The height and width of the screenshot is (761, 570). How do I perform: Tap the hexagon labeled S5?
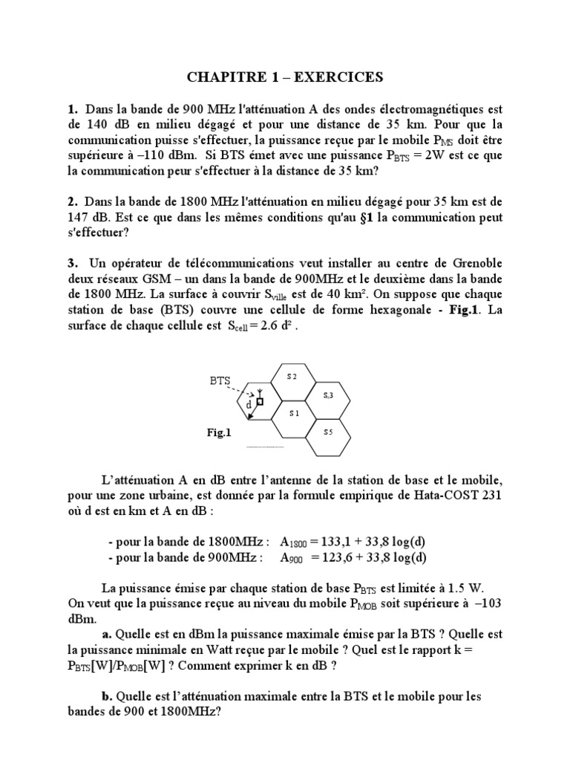point(328,431)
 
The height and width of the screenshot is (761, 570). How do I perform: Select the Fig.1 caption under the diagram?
point(220,432)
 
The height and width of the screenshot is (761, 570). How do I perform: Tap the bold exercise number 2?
point(72,201)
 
